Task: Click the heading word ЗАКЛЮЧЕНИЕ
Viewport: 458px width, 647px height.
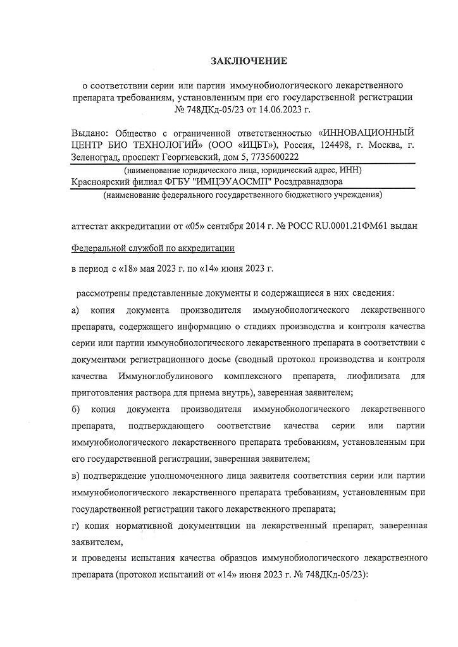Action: click(249, 61)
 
